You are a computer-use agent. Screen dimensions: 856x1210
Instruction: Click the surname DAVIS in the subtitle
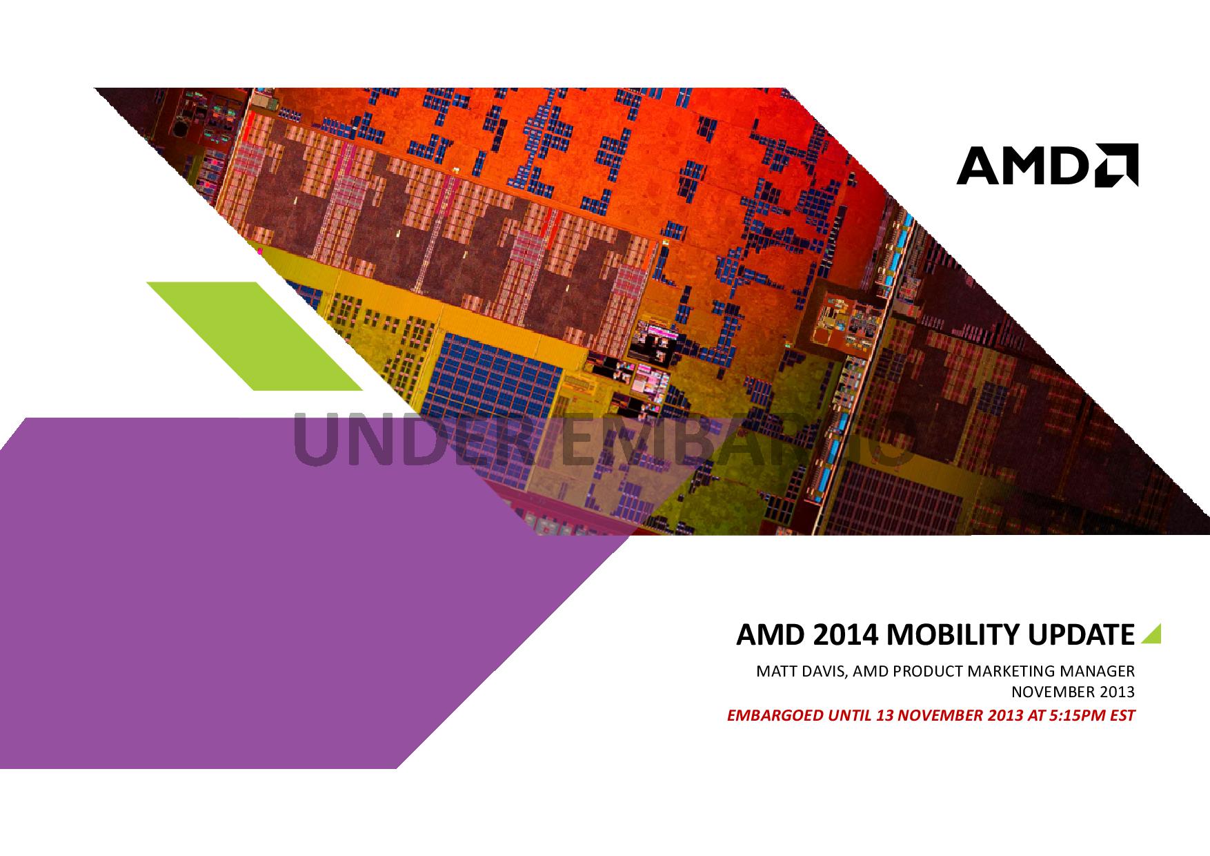(x=825, y=670)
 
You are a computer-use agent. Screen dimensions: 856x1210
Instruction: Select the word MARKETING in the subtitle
(x=1015, y=670)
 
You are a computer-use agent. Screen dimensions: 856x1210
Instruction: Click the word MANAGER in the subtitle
(x=1101, y=670)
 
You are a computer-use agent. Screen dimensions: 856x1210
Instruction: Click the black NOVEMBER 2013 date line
(x=1073, y=692)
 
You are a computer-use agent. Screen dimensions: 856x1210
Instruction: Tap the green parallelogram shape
(x=255, y=335)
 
